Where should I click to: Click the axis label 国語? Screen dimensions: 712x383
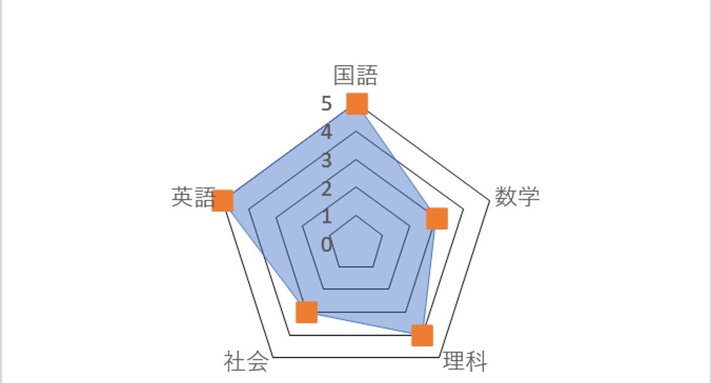pyautogui.click(x=356, y=75)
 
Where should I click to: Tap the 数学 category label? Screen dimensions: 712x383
pyautogui.click(x=517, y=196)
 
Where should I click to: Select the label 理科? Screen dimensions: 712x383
pyautogui.click(x=465, y=361)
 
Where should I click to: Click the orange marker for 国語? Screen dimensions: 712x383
pyautogui.click(x=357, y=103)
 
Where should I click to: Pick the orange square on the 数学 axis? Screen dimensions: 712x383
pyautogui.click(x=436, y=218)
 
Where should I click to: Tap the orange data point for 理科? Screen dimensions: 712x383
pyautogui.click(x=422, y=335)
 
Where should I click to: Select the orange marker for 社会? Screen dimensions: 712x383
pyautogui.click(x=306, y=312)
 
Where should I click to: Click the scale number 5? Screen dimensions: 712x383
pyautogui.click(x=327, y=105)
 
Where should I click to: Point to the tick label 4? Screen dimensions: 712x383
pyautogui.click(x=327, y=133)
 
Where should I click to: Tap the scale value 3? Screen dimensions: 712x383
pyautogui.click(x=327, y=161)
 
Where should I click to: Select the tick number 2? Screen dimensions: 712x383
pyautogui.click(x=327, y=189)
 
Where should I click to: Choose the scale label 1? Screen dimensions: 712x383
pyautogui.click(x=327, y=216)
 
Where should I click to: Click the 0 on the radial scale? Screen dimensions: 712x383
pyautogui.click(x=327, y=245)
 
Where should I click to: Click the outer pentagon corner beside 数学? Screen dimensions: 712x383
pyautogui.click(x=489, y=201)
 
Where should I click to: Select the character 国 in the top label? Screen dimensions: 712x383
pyautogui.click(x=344, y=75)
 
